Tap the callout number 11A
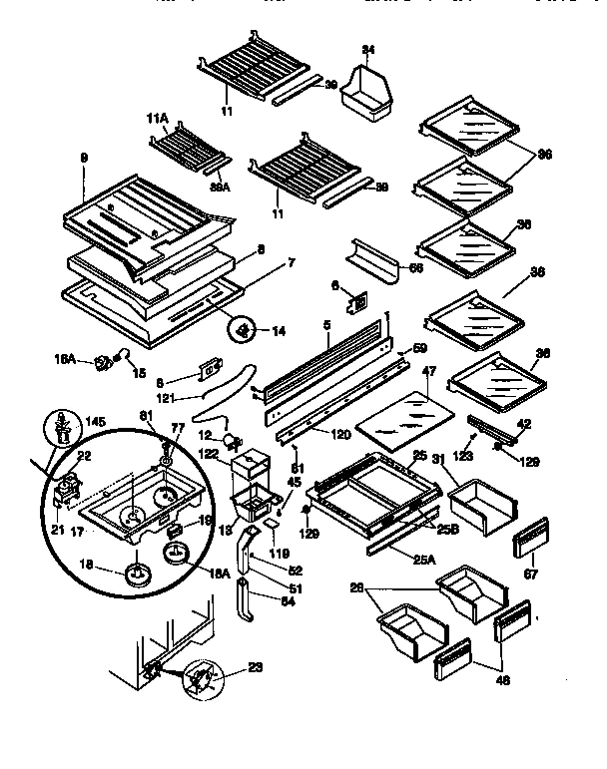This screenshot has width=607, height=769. (158, 119)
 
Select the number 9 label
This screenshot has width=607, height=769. (85, 157)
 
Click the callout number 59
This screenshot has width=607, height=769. (420, 348)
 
